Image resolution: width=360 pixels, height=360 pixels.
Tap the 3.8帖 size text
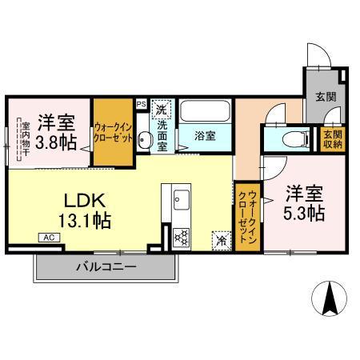coord(56,143)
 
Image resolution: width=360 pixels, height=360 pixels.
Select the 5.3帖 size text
coord(305,214)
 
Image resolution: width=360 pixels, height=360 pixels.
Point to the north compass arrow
coord(329,300)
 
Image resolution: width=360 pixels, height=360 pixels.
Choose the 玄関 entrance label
coord(326,98)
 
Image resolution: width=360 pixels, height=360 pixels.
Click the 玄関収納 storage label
coord(333,139)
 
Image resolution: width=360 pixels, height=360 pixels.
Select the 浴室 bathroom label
coord(205,137)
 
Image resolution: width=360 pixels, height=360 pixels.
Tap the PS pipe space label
coord(141,104)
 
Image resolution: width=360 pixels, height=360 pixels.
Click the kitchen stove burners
coord(182,236)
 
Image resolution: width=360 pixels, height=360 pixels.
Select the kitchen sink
coord(178,198)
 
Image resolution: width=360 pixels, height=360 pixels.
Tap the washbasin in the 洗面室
coord(144,140)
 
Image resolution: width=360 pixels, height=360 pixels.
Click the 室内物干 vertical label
coord(25,142)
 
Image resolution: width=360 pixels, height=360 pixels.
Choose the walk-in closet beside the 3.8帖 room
coord(112,132)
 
